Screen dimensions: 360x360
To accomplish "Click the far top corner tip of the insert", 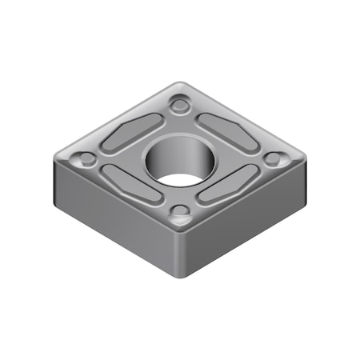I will (183, 82).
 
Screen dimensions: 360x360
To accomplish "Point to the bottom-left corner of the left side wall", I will (54, 200).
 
